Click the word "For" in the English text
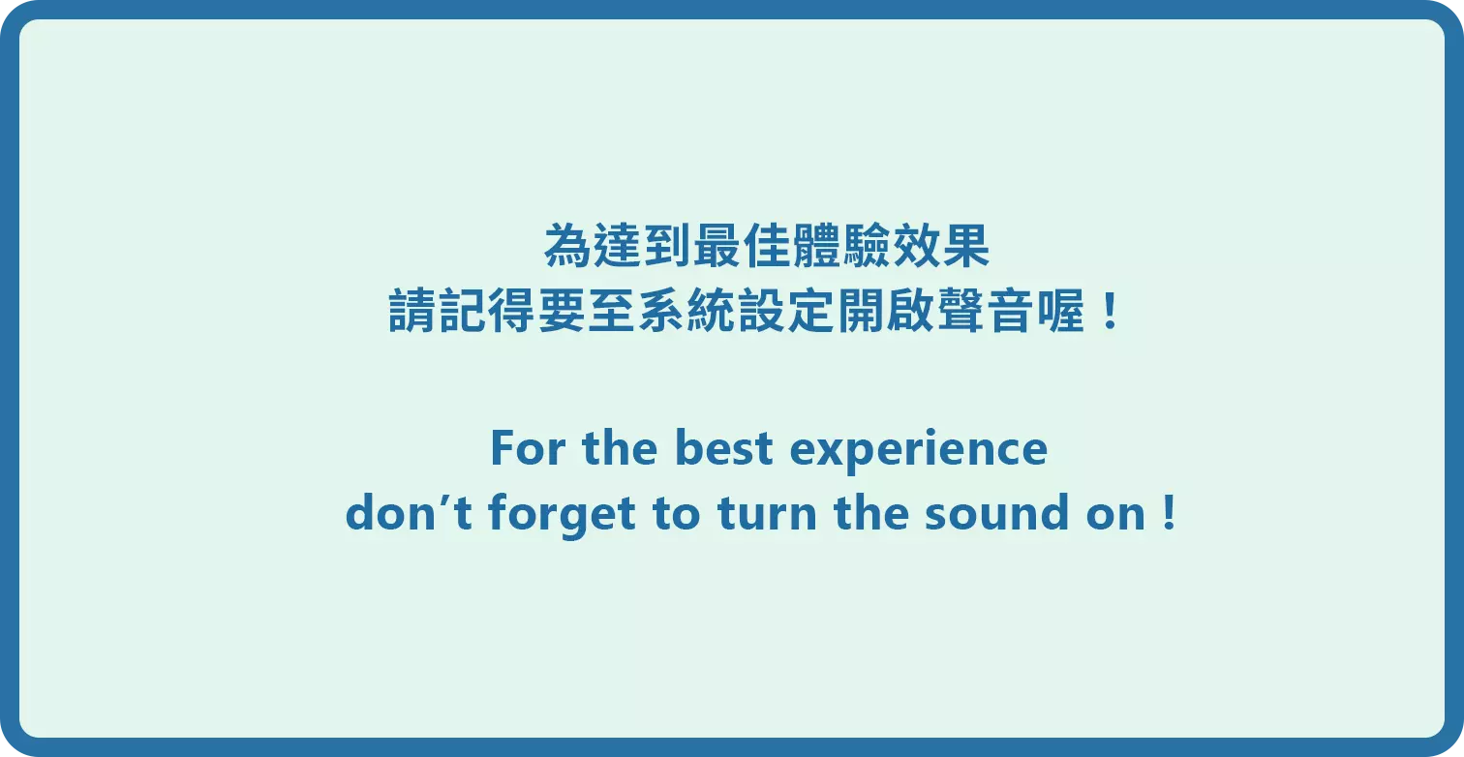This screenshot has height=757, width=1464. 528,448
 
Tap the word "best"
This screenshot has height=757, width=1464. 723,448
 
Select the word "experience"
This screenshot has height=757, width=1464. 918,451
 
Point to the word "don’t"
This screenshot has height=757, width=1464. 409,512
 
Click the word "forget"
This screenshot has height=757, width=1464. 562,515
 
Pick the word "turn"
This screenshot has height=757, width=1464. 767,513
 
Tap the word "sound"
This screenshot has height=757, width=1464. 997,513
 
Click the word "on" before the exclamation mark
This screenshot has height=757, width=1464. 1115,515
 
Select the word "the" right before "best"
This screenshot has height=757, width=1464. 620,448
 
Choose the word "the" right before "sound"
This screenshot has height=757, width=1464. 871,513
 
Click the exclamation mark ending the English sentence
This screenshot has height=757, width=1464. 1170,513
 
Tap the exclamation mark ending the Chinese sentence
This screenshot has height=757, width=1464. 1110,311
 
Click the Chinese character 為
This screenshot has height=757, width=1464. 567,246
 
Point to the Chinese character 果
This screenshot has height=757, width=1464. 965,246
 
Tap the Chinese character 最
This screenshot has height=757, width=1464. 717,246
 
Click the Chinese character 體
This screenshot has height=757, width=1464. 816,246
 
